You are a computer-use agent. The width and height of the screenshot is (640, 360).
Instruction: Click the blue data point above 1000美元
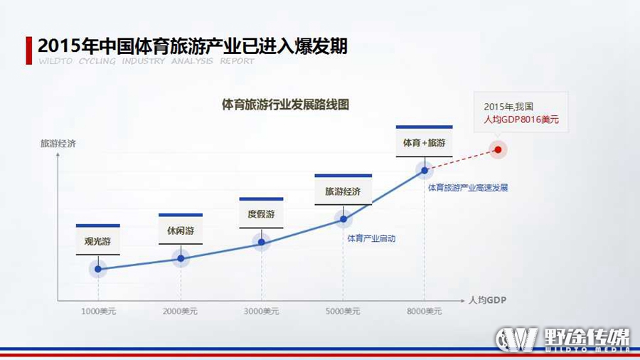pyautogui.click(x=98, y=269)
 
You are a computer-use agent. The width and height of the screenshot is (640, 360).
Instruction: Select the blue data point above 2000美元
pyautogui.click(x=181, y=258)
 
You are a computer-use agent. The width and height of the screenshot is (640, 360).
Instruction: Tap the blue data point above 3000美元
pyautogui.click(x=262, y=242)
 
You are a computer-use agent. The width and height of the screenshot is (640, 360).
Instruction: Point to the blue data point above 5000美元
pyautogui.click(x=343, y=219)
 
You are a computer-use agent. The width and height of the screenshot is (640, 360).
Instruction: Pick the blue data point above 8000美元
pyautogui.click(x=425, y=170)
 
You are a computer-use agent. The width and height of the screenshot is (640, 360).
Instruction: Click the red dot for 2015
pyautogui.click(x=498, y=150)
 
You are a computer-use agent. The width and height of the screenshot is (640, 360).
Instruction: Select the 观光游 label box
pyautogui.click(x=98, y=240)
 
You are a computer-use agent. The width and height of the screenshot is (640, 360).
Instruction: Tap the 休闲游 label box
pyautogui.click(x=181, y=229)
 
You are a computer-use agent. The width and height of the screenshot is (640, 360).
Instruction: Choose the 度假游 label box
pyautogui.click(x=261, y=213)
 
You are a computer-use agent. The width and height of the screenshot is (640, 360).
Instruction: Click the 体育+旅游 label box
pyautogui.click(x=424, y=141)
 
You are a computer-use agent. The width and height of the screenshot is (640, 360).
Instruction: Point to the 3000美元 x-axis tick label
pyautogui.click(x=261, y=312)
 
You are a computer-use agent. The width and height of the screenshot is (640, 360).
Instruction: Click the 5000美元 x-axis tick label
pyautogui.click(x=343, y=312)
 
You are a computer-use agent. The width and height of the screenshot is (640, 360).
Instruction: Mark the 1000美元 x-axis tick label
pyautogui.click(x=98, y=312)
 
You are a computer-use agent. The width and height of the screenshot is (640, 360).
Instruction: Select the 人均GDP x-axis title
pyautogui.click(x=487, y=300)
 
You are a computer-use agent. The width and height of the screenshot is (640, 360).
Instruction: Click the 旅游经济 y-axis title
pyautogui.click(x=58, y=143)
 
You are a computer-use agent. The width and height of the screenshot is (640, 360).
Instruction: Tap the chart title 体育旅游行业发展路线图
pyautogui.click(x=285, y=105)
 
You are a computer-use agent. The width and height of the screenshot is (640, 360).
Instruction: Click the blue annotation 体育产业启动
pyautogui.click(x=371, y=238)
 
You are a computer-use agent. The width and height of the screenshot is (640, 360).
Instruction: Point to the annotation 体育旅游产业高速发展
pyautogui.click(x=468, y=188)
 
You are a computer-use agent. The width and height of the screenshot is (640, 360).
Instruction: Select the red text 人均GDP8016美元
pyautogui.click(x=521, y=120)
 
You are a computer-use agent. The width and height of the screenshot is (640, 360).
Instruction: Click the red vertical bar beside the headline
pyautogui.click(x=29, y=51)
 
